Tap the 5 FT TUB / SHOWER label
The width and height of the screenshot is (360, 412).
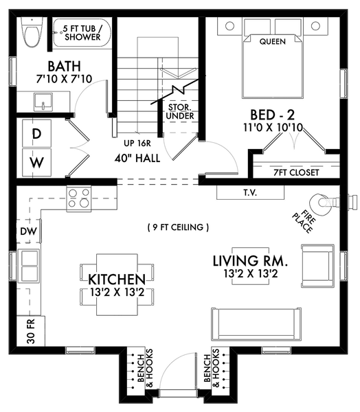[x=82, y=33]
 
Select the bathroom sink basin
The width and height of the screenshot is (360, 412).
[x=43, y=102]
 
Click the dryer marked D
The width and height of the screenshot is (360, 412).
[x=36, y=133]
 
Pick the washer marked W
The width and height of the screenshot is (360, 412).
[x=36, y=162]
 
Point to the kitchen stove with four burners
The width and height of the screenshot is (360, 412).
[x=79, y=198]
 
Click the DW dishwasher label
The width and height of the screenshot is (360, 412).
[x=29, y=231]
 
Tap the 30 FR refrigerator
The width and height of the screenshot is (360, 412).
[x=31, y=331]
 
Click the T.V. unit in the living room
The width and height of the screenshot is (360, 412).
[x=250, y=192]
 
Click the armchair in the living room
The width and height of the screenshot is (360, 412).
[x=317, y=266]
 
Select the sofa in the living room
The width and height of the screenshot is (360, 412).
[x=256, y=325]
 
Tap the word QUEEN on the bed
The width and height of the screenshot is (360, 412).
[x=273, y=41]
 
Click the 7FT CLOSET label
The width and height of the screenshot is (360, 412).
[x=296, y=172]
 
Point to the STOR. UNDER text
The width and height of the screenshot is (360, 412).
[x=180, y=112]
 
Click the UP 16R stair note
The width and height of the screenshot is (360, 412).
[x=137, y=144]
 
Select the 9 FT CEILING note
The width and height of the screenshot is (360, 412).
[x=179, y=227]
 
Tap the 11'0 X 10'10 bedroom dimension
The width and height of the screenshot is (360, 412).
[x=273, y=128]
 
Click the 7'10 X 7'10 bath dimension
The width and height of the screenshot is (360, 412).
[x=64, y=79]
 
